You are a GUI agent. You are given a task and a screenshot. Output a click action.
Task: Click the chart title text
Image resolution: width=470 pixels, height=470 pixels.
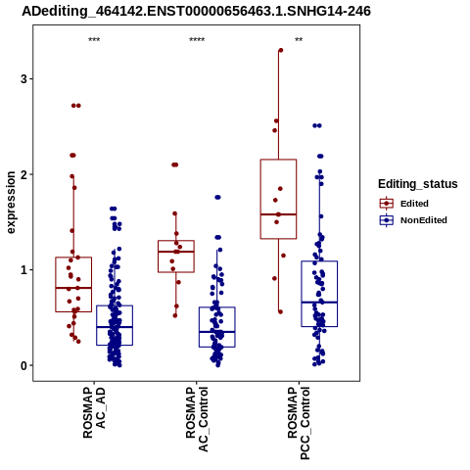196,12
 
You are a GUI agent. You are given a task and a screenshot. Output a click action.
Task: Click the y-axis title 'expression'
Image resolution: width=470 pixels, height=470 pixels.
11,203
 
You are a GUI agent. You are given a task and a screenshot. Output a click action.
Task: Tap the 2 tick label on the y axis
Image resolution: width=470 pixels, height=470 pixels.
24,174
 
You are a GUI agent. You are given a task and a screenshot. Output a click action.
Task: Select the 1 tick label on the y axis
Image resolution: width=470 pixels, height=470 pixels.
24,270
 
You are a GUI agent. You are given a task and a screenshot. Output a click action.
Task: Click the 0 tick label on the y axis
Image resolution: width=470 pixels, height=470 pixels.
24,365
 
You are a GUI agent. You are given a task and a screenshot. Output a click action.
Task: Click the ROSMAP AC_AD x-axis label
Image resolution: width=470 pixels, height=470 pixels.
94,412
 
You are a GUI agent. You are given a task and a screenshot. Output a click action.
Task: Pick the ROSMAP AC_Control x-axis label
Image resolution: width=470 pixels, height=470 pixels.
197,419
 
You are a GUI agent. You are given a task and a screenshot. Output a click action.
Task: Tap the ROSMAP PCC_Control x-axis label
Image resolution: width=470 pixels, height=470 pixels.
299,423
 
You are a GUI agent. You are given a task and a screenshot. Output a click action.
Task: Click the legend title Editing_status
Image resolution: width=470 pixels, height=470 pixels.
418,184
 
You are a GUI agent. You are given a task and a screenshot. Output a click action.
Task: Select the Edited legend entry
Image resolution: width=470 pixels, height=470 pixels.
404,204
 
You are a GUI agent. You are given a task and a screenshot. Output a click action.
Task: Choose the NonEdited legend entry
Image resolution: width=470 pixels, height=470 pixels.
413,220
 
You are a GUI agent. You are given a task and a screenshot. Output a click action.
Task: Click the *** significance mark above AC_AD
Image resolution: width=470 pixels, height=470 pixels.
94,40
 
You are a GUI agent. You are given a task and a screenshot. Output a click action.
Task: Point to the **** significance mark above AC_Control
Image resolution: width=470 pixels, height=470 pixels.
197,40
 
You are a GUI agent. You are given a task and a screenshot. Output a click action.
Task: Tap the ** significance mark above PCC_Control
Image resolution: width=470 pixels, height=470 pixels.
299,40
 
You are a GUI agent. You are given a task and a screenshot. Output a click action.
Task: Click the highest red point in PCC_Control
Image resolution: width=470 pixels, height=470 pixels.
281,50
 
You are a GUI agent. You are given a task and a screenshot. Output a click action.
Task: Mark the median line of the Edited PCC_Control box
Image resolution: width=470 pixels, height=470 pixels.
278,214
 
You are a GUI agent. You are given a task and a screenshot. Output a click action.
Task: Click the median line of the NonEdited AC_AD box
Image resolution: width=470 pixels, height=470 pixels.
115,327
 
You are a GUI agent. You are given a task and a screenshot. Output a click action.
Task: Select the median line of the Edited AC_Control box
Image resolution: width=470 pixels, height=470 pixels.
176,252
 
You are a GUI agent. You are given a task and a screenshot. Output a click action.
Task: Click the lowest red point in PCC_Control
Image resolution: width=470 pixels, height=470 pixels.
280,312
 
